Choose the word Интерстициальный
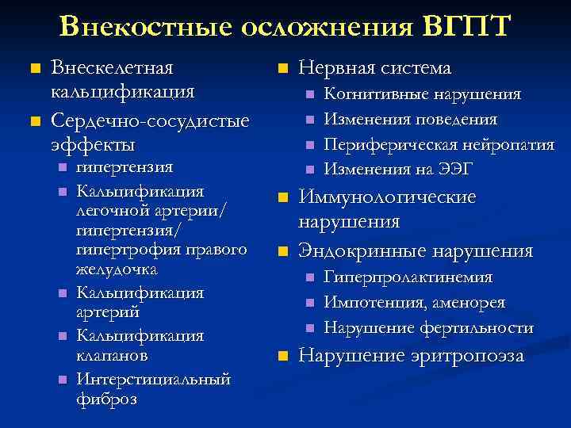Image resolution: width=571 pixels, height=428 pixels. [x=153, y=379]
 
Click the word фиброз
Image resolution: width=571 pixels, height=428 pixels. [x=106, y=398]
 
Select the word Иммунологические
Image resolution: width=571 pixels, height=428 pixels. [x=387, y=197]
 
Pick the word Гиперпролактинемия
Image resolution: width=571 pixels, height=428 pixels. [x=408, y=277]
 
